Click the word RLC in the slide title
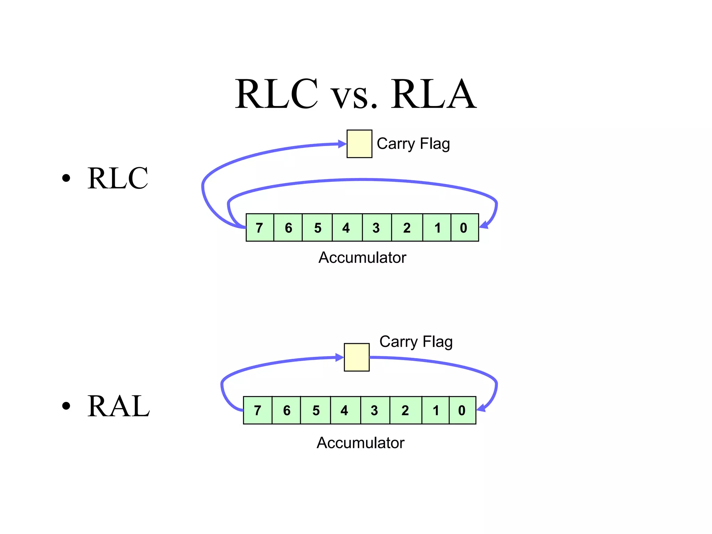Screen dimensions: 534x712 pos(276,94)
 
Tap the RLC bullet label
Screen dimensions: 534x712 pos(118,178)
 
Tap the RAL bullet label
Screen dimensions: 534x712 pos(118,406)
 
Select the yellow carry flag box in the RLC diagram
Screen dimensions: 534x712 pos(359,144)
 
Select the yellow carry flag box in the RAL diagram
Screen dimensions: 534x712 pos(356,357)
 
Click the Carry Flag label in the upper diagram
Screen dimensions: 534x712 pos(413,144)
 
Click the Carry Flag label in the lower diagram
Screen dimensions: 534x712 pos(416,342)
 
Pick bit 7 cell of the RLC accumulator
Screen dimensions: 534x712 pos(260,228)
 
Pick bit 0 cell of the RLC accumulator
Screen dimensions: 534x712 pos(464,228)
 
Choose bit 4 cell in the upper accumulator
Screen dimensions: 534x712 pos(347,228)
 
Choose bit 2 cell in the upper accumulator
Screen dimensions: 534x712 pos(407,228)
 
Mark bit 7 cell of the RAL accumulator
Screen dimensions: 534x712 pos(258,410)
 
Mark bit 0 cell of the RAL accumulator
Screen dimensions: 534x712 pos(462,410)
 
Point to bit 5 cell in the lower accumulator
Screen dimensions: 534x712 pos(315,410)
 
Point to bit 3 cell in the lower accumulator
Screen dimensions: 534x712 pos(375,410)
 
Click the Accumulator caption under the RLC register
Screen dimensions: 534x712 pos(362,258)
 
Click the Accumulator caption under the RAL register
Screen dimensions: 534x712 pos(360,443)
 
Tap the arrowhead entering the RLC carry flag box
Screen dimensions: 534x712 pos(342,144)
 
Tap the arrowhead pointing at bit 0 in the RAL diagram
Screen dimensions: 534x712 pos(481,408)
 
